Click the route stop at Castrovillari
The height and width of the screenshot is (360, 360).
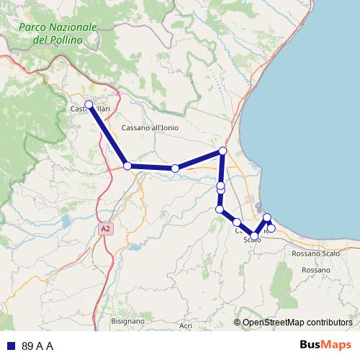point(89,105)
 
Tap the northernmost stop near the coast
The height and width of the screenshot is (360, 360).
point(222,150)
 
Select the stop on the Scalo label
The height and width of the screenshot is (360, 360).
point(254,236)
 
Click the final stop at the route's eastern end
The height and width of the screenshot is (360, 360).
point(271,228)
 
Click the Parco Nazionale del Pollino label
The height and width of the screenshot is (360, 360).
point(58,34)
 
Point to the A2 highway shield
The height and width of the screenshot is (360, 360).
point(106,229)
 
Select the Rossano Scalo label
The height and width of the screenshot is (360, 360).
point(316,253)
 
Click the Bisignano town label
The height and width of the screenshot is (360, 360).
point(129,320)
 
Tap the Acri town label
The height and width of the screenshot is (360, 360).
point(186,325)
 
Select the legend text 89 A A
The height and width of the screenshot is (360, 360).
point(37,346)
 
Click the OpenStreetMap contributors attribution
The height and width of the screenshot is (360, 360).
point(297,323)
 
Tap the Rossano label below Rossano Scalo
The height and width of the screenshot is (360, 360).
point(316,270)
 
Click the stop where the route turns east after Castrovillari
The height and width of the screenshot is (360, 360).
point(127,166)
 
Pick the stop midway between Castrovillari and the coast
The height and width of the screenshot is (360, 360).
point(175,168)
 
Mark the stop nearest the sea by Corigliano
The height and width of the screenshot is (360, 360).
point(267,217)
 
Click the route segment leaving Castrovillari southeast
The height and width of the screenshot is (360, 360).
point(108,135)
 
